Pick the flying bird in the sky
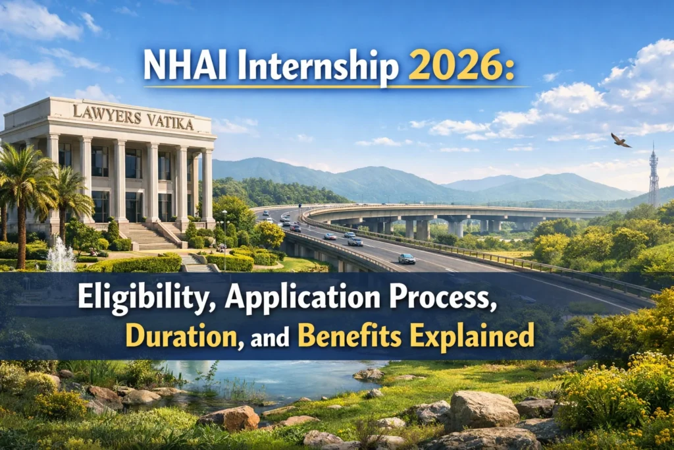[x=620, y=140]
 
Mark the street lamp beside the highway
[x=225, y=231]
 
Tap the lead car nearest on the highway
[x=406, y=258]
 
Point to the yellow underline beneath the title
[x=336, y=87]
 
